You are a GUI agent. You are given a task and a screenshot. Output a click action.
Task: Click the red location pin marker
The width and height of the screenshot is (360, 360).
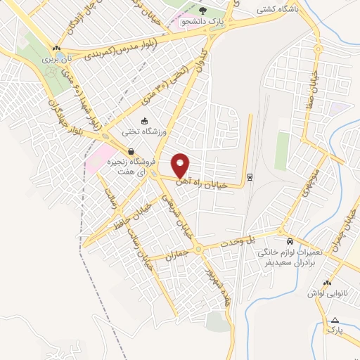click(x=181, y=165)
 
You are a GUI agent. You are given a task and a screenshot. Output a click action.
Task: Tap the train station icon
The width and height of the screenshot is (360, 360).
click(x=250, y=176)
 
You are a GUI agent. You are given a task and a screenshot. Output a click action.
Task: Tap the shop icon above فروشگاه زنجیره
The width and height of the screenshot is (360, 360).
click(x=131, y=151)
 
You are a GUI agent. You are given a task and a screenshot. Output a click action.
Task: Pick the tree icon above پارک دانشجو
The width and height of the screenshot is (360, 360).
click(x=203, y=11)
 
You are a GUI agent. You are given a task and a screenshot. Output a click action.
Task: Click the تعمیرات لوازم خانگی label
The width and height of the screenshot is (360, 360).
click(x=290, y=251)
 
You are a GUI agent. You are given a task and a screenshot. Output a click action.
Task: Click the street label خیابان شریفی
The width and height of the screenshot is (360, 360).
click(x=176, y=212)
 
